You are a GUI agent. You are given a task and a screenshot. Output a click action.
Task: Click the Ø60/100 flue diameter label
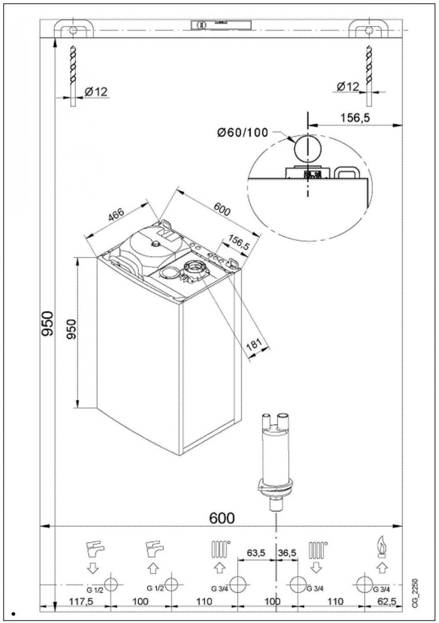point(243,132)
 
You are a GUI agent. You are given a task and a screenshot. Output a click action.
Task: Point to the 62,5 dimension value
point(387,601)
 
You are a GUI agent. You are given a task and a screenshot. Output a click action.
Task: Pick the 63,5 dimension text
point(256,553)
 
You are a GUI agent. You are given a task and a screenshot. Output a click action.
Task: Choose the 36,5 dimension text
point(287,553)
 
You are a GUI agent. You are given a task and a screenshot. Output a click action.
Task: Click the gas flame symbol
point(381,548)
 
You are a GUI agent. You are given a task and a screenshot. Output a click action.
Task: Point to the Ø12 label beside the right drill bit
point(347,86)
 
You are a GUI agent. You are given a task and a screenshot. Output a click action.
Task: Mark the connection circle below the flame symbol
point(366,584)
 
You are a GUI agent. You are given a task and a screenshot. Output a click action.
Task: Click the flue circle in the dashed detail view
point(307,148)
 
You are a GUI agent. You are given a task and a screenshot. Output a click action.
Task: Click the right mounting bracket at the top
point(368,29)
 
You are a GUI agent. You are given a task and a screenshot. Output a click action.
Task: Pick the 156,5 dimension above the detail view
point(355,118)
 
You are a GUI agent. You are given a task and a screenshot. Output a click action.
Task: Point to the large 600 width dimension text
point(222,518)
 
